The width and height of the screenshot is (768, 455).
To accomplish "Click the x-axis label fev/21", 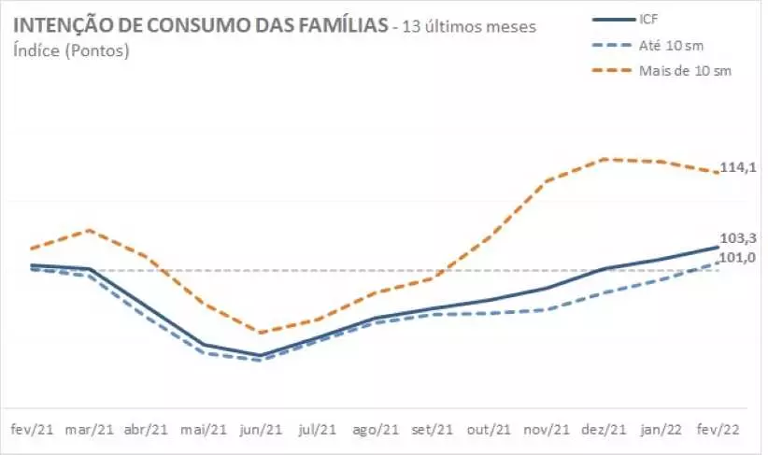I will [x=32, y=430].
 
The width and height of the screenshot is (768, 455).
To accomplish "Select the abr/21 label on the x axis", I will [x=146, y=430].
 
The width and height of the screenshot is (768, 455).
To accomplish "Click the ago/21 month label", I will [x=376, y=430].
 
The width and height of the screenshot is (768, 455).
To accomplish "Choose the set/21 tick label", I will [x=433, y=430].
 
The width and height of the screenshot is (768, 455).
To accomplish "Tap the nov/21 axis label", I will [x=547, y=430].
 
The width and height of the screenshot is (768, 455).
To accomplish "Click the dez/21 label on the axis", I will [x=604, y=430].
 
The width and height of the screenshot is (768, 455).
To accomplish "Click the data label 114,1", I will [x=737, y=168].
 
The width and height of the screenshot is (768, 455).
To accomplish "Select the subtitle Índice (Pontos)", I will [x=71, y=50].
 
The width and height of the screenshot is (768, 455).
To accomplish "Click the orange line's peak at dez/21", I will [x=605, y=159].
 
